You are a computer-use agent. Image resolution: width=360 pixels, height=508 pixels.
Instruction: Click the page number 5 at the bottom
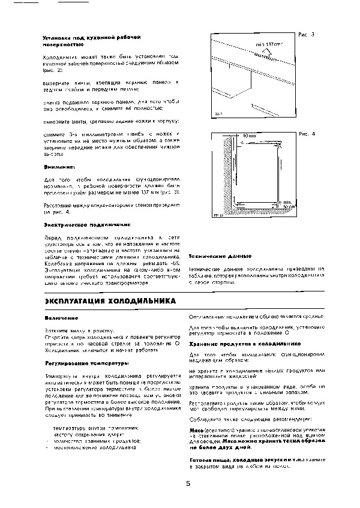(188, 484)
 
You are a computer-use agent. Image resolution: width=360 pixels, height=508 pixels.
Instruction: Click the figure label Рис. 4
(307, 133)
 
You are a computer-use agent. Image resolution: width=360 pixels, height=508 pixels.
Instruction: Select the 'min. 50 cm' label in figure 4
(289, 205)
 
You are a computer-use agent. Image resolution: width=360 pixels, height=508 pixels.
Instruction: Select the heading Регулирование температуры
(78, 363)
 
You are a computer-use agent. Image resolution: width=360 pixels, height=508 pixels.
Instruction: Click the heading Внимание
(59, 166)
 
